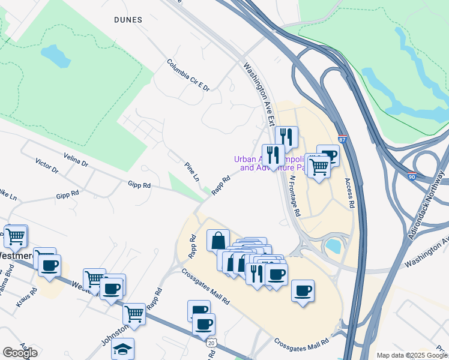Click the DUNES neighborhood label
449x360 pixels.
pos(128,20)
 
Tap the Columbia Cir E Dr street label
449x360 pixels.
pos(188,75)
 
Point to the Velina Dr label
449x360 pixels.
pos(76,160)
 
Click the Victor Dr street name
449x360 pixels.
pos(47,166)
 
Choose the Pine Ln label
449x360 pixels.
pos(192,172)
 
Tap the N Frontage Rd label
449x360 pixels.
pos(294,196)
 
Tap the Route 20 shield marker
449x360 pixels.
pos(211,343)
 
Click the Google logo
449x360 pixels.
pos(20,353)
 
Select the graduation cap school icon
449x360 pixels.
pos(123,349)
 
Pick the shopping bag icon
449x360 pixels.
pos(218,240)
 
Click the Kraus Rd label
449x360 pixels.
pos(27,298)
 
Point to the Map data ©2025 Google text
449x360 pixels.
pos(412,355)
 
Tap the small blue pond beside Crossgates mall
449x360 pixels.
pos(332,245)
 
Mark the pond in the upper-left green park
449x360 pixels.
pos(56,55)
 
